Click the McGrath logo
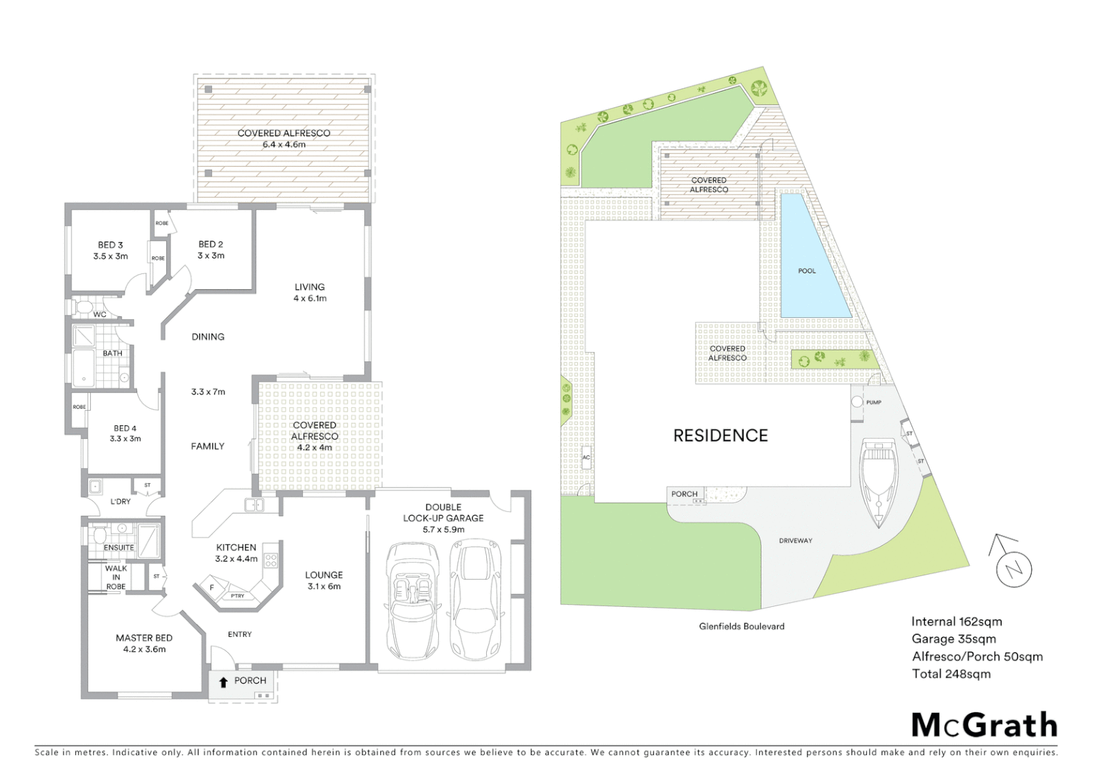[984, 725]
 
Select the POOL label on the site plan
[807, 271]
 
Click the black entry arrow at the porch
[223, 681]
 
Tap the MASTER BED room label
[144, 638]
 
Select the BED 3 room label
[110, 245]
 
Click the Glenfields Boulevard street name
[742, 626]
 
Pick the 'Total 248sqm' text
[951, 674]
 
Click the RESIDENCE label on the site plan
[720, 435]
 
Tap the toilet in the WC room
[82, 308]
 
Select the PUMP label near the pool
[873, 402]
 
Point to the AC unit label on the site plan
[586, 457]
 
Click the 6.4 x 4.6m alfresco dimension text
[284, 145]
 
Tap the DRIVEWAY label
[795, 540]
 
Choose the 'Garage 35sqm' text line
[953, 639]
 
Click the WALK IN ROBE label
[116, 577]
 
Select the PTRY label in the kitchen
[237, 595]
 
